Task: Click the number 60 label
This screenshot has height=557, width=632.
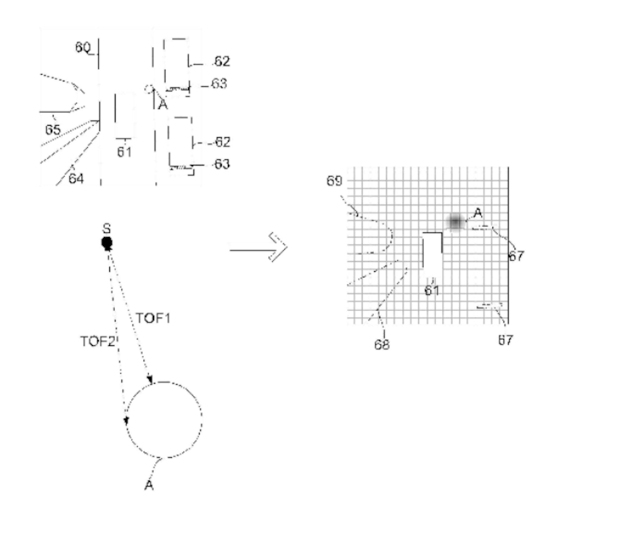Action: tap(83, 47)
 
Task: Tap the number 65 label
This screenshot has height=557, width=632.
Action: tap(52, 130)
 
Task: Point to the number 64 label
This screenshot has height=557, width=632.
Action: tap(76, 179)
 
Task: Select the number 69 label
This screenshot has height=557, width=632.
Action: tap(334, 181)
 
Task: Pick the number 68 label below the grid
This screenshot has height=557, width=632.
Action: tap(382, 344)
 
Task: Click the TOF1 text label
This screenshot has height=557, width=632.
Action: tap(153, 318)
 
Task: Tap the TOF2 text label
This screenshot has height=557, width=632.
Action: tap(97, 341)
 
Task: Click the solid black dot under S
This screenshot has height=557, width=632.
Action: tap(107, 243)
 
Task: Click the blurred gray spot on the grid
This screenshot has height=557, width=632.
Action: tap(456, 221)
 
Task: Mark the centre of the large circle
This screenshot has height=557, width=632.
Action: tap(164, 420)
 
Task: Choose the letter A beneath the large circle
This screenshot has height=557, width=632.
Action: tap(149, 486)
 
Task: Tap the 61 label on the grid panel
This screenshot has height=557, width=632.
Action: tap(432, 291)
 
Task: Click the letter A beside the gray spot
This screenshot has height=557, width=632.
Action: tap(478, 213)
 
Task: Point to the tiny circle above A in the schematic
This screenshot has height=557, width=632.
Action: tap(149, 89)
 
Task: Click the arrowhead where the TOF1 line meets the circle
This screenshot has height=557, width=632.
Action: tap(150, 378)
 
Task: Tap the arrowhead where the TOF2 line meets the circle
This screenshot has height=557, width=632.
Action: tap(126, 420)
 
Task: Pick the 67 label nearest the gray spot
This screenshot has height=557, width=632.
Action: tap(516, 256)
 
